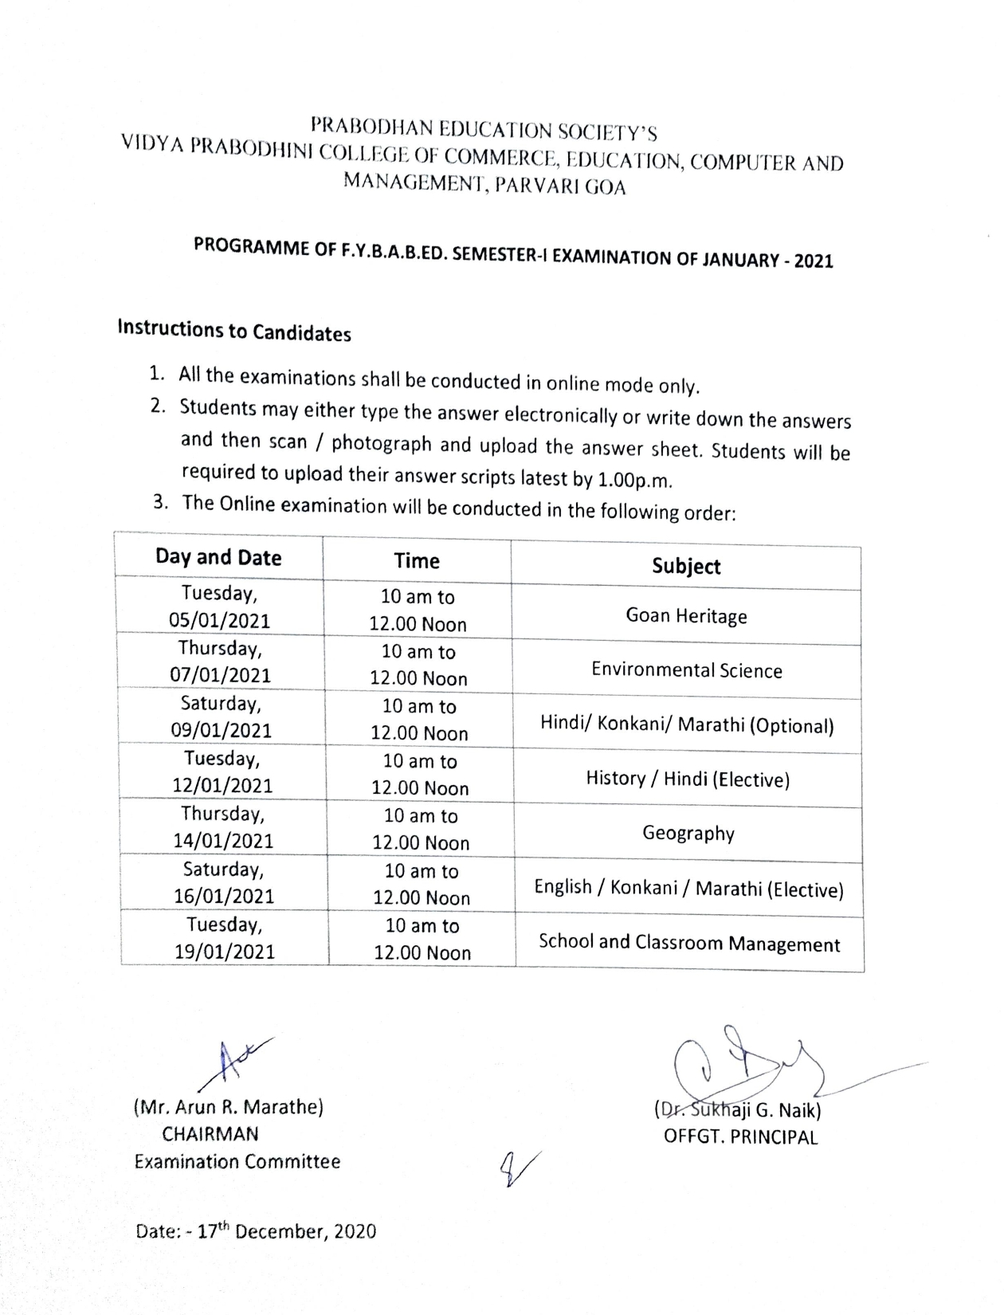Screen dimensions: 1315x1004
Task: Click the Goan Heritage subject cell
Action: tap(686, 616)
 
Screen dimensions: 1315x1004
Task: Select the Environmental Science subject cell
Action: tap(686, 670)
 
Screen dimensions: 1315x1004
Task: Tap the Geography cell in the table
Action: tap(688, 834)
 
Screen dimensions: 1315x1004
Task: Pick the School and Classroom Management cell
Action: tap(689, 943)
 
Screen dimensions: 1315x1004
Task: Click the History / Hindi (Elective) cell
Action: tap(688, 779)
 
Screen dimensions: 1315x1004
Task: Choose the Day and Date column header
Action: tap(218, 557)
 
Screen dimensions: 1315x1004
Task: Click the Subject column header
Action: tap(686, 566)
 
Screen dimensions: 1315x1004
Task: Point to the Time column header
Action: tap(417, 561)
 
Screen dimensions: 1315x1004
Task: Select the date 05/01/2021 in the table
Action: tap(219, 621)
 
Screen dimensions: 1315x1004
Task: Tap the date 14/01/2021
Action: tap(223, 841)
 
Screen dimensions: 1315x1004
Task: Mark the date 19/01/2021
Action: tap(225, 952)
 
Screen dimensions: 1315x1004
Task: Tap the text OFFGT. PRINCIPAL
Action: tap(740, 1137)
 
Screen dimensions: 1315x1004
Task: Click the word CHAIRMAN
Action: tap(210, 1134)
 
